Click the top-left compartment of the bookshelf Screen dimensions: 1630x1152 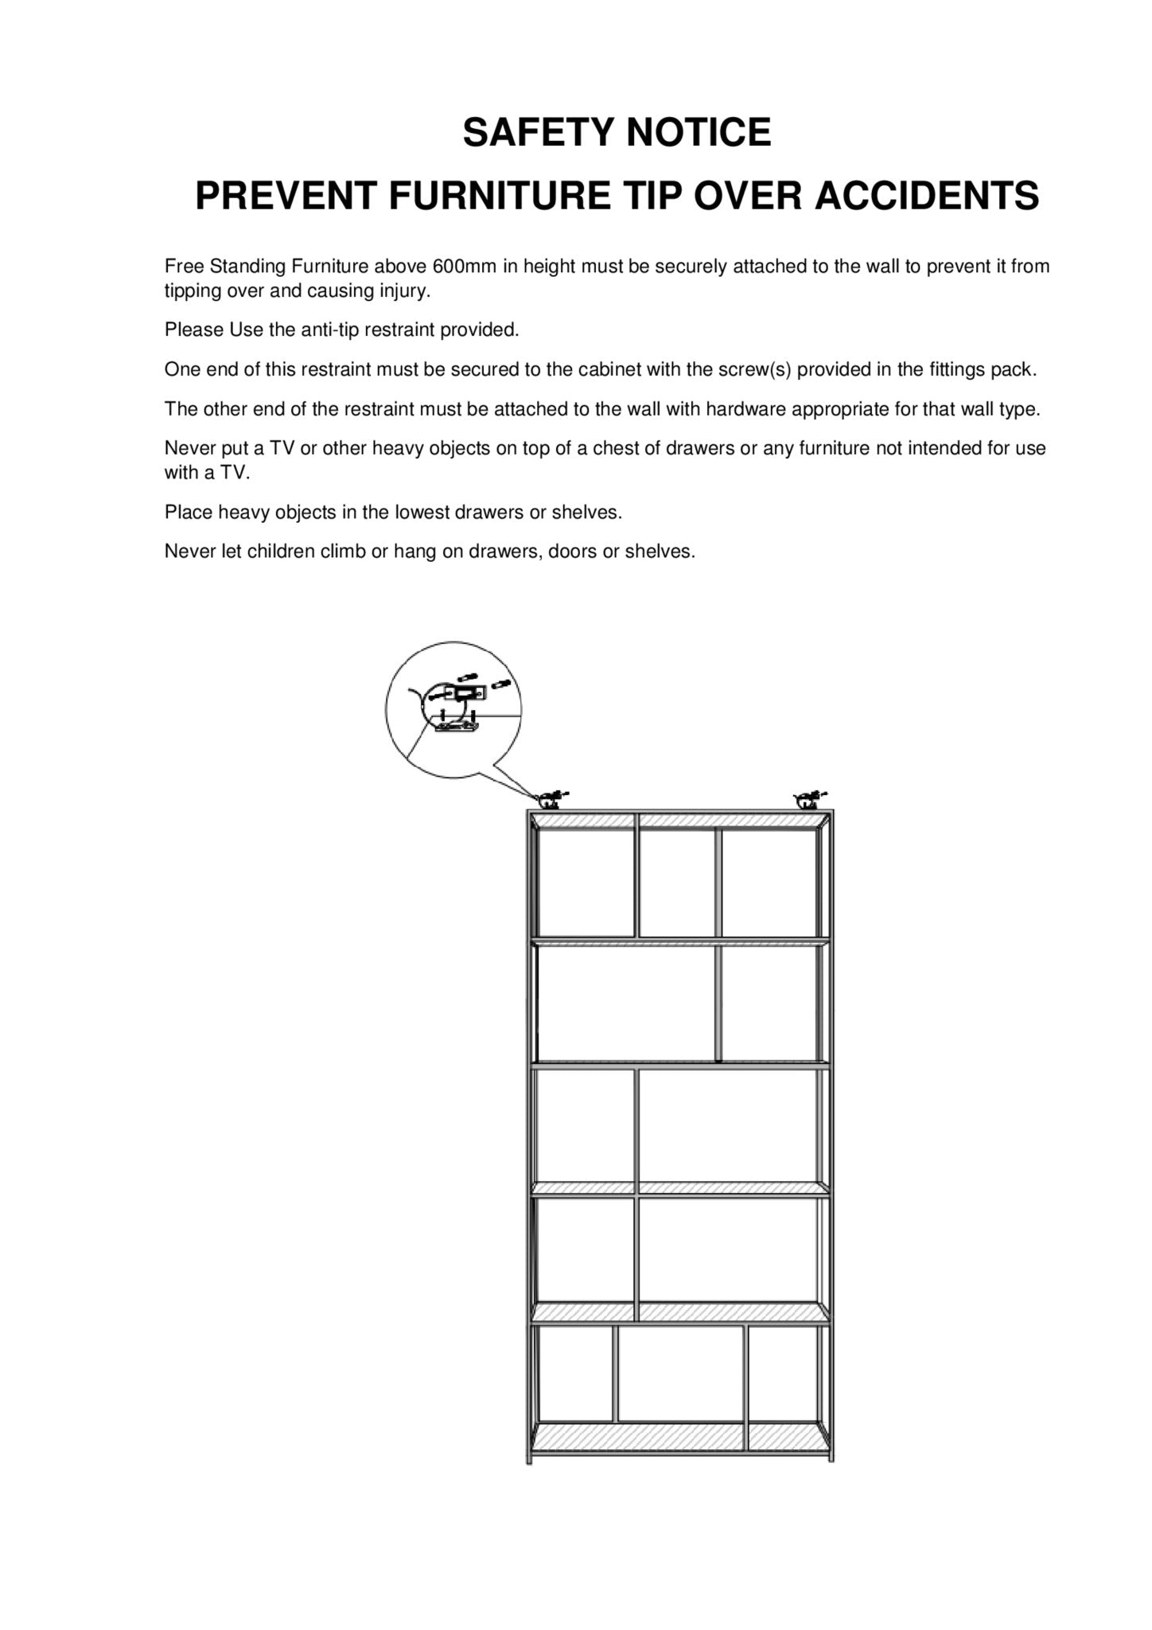(x=586, y=883)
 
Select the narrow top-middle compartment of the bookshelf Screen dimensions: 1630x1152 (x=678, y=883)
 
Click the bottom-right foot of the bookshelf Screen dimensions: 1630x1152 (x=831, y=1458)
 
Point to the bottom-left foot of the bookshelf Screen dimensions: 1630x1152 (x=529, y=1458)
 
